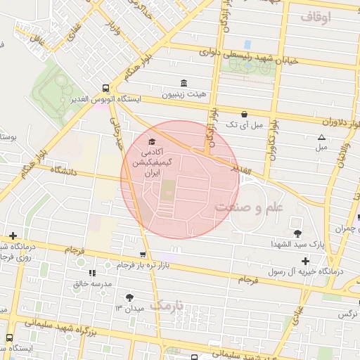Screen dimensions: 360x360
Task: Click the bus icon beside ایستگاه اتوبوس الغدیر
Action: click(105, 89)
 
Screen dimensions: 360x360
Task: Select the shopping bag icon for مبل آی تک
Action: click(243, 113)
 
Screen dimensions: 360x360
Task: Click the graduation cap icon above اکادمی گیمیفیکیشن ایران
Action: click(152, 142)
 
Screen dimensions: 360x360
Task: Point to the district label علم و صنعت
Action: click(247, 207)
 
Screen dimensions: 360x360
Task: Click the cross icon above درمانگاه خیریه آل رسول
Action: click(305, 261)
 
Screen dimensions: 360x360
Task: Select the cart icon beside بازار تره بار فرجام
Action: click(143, 255)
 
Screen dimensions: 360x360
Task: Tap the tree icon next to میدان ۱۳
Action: click(128, 297)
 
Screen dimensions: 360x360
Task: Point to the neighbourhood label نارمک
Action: click(167, 306)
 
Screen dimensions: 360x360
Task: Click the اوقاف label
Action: click(314, 16)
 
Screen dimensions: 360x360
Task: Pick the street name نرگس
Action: click(346, 314)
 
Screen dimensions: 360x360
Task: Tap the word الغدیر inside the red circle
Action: click(238, 169)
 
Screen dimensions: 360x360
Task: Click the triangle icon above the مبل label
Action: click(321, 137)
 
